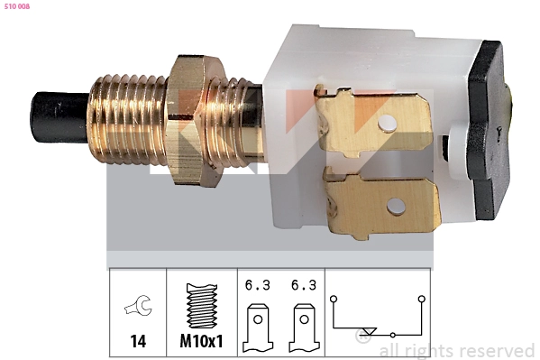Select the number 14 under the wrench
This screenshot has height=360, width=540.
[x=137, y=343]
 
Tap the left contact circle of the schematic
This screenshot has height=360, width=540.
[x=333, y=298]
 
